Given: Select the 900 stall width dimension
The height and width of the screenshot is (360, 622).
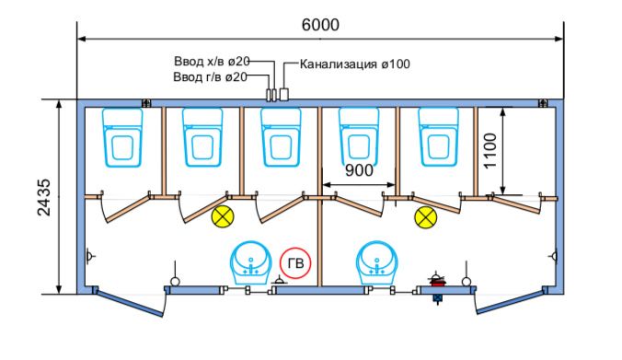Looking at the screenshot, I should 359,170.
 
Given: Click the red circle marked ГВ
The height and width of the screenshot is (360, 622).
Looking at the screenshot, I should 296,264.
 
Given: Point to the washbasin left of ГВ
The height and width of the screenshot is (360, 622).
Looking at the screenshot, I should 248,262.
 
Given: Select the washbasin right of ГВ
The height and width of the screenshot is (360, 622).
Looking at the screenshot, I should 374,262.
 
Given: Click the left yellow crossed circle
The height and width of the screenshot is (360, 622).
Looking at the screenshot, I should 222,217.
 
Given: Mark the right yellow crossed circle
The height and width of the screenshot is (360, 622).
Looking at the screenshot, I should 424,217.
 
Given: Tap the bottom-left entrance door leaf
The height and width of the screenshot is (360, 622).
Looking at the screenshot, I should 129,301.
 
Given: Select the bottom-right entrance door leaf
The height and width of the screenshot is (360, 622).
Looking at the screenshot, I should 510,301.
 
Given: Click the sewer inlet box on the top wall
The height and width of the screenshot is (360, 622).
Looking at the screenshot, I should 284,94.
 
